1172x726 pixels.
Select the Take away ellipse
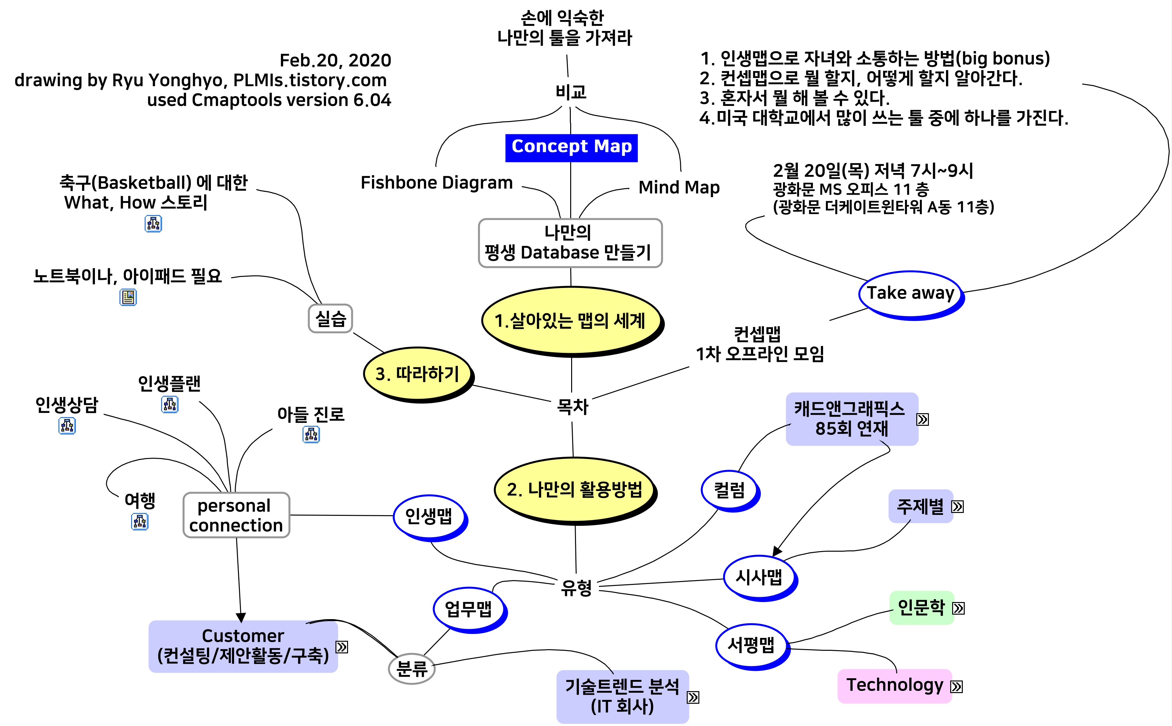pos(910,293)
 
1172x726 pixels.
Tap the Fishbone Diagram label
pos(437,183)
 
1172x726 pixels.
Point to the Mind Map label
pos(678,187)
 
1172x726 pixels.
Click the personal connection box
pos(236,515)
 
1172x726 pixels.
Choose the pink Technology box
pos(894,685)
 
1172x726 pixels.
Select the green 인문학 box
pos(920,608)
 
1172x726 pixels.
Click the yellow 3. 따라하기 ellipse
pos(417,374)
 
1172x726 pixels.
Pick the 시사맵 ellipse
pos(759,577)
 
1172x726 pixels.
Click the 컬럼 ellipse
pos(729,490)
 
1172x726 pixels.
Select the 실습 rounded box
pos(330,318)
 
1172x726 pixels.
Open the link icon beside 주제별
pos(957,506)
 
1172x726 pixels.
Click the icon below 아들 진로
pos(311,435)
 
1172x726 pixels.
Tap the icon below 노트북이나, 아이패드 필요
pos(128,298)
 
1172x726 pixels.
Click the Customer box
pos(243,646)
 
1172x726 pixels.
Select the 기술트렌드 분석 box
pos(622,696)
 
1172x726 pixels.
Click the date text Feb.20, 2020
pos(335,60)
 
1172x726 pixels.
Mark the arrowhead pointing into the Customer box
pos(241,617)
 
